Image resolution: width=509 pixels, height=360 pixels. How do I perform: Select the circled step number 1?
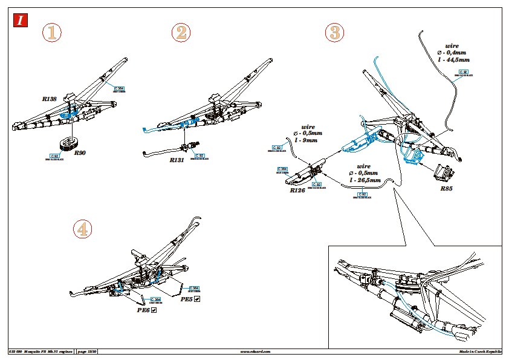53,33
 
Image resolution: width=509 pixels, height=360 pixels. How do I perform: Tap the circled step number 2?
181,33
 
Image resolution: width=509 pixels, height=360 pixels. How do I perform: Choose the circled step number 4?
83,229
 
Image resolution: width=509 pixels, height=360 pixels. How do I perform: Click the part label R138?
50,98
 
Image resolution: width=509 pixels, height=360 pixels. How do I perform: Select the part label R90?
80,154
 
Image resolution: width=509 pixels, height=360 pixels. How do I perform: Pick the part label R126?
297,190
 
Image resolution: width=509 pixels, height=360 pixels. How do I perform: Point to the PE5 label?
187,299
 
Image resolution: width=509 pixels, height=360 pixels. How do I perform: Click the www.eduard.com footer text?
255,352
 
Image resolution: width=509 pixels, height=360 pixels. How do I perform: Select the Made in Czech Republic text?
480,352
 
